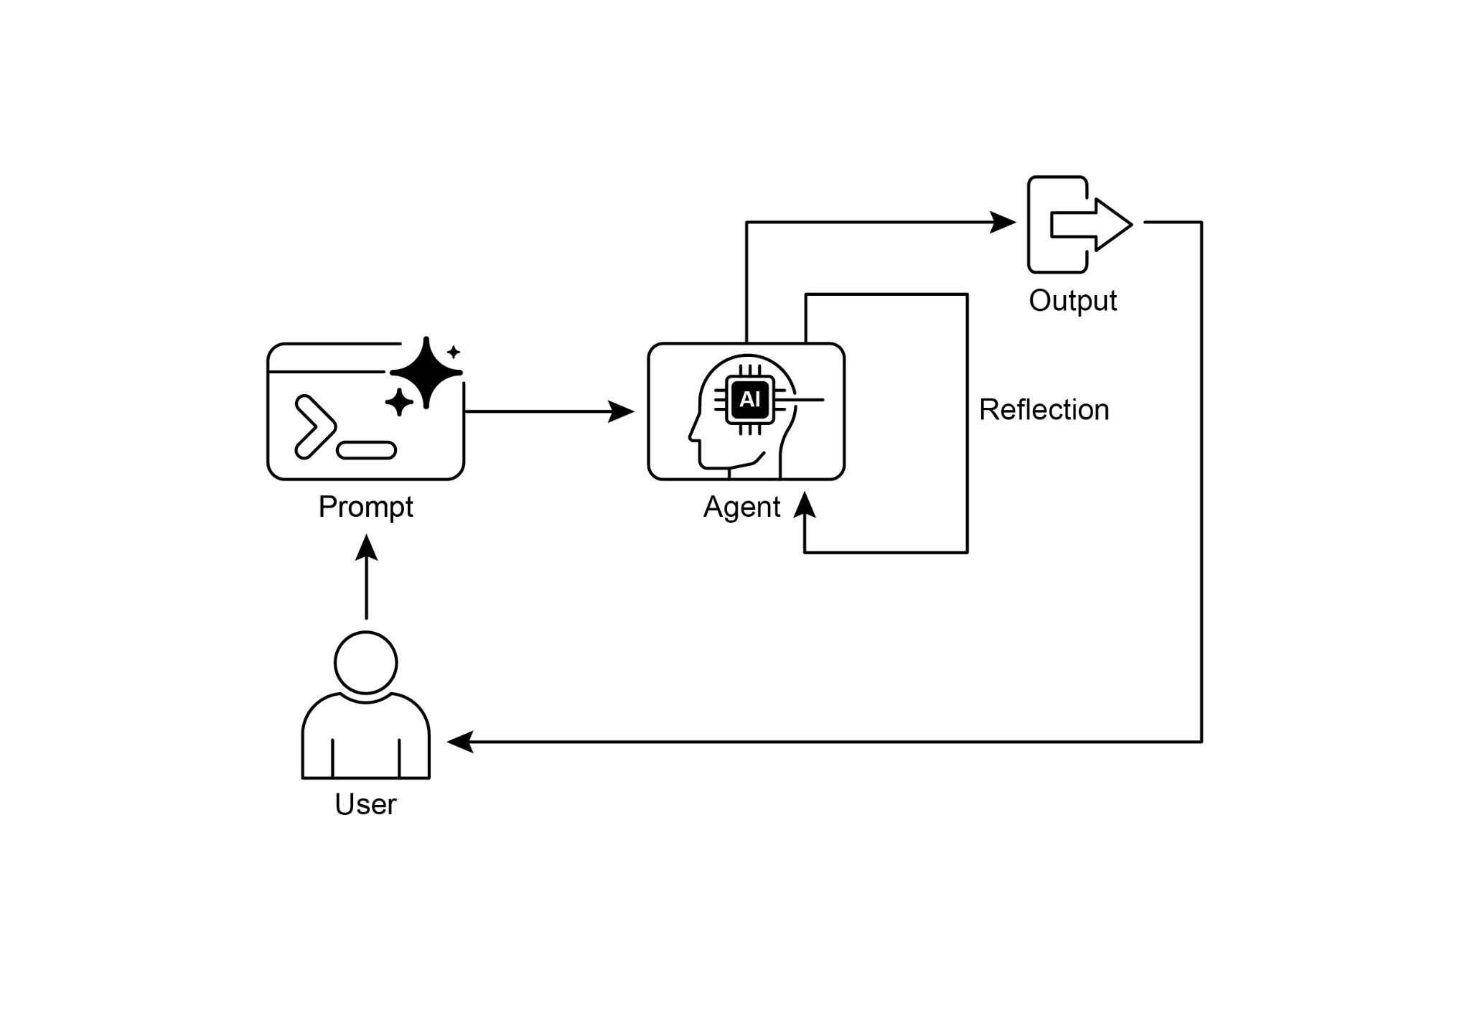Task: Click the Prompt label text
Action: (x=365, y=507)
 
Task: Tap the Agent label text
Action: (x=741, y=507)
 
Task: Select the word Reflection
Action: (x=1044, y=410)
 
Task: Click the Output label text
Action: (x=1072, y=301)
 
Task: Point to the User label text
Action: (x=365, y=804)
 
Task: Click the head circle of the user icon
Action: (x=366, y=663)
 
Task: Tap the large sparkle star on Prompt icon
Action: (x=426, y=372)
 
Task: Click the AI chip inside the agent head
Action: (x=750, y=400)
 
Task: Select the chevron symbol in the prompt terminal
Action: (x=313, y=426)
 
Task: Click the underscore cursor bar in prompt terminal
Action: (x=366, y=450)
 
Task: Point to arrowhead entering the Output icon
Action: (x=1003, y=223)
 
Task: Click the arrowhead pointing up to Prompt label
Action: (x=366, y=547)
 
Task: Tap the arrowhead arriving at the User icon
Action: (x=460, y=742)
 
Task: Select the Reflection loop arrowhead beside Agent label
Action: (x=805, y=505)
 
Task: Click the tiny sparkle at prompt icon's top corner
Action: (x=453, y=352)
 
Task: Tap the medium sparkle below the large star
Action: (x=399, y=402)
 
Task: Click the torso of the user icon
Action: (x=366, y=740)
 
